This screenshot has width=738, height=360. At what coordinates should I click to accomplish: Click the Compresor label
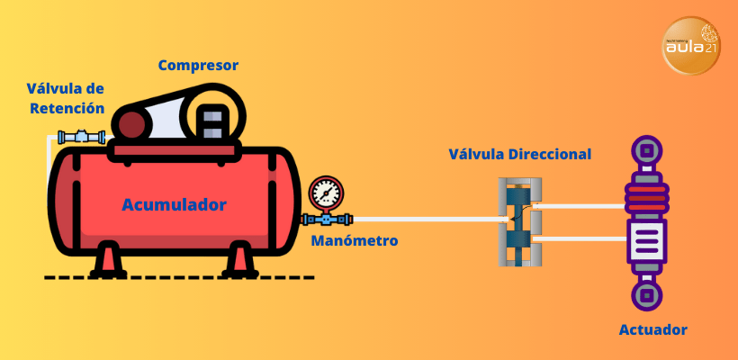click(x=198, y=66)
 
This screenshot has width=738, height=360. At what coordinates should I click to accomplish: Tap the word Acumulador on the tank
click(x=174, y=204)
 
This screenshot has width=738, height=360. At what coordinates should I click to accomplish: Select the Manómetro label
click(x=355, y=241)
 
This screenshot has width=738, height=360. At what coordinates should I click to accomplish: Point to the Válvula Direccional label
click(x=519, y=155)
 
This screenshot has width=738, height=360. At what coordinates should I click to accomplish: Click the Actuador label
click(x=652, y=329)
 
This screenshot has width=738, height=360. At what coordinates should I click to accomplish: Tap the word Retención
click(x=67, y=108)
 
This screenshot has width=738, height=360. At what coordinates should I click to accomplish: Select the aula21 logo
click(x=691, y=46)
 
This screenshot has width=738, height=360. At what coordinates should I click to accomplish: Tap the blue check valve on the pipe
click(x=81, y=137)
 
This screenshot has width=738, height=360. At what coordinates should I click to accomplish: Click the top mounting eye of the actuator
click(x=646, y=151)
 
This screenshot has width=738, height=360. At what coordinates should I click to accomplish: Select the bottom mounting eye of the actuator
click(x=646, y=295)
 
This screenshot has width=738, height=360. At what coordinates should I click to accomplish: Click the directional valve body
click(x=520, y=221)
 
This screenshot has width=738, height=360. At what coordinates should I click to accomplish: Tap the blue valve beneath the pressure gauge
click(x=327, y=219)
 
